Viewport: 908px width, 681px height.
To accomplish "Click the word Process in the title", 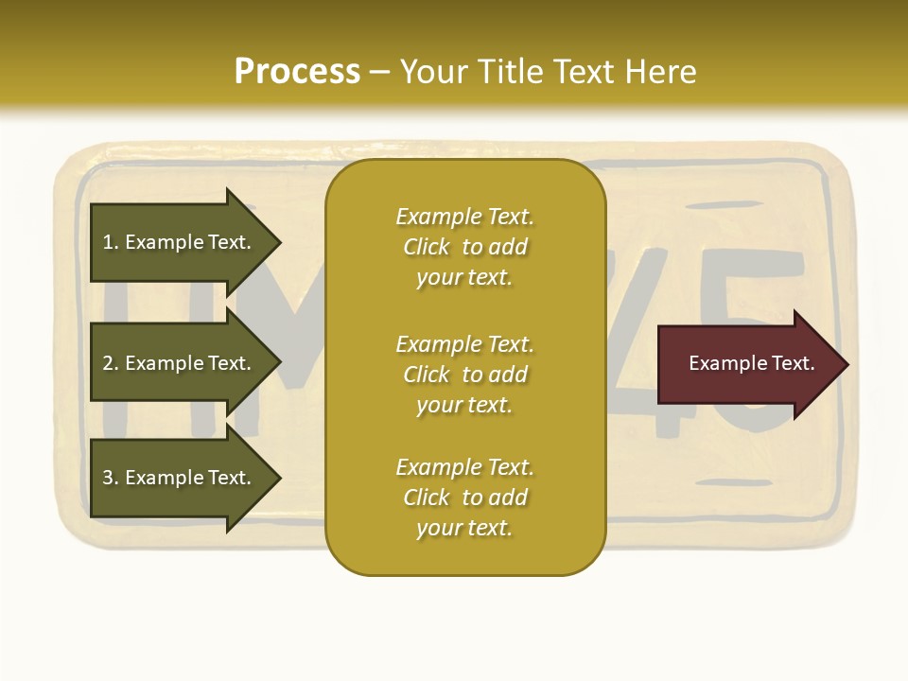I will click(x=297, y=72).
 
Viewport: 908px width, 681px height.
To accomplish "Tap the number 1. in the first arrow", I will click(x=111, y=242).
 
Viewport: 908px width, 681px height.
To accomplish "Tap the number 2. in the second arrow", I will click(x=111, y=363).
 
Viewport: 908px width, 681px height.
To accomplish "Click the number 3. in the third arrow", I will click(x=111, y=478).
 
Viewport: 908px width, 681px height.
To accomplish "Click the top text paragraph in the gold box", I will click(x=464, y=247).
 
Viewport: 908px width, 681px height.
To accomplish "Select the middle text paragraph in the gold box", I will click(x=464, y=375).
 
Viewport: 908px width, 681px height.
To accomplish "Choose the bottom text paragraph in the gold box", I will click(x=464, y=498).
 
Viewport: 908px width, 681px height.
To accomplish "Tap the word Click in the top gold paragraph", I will click(x=427, y=247).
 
